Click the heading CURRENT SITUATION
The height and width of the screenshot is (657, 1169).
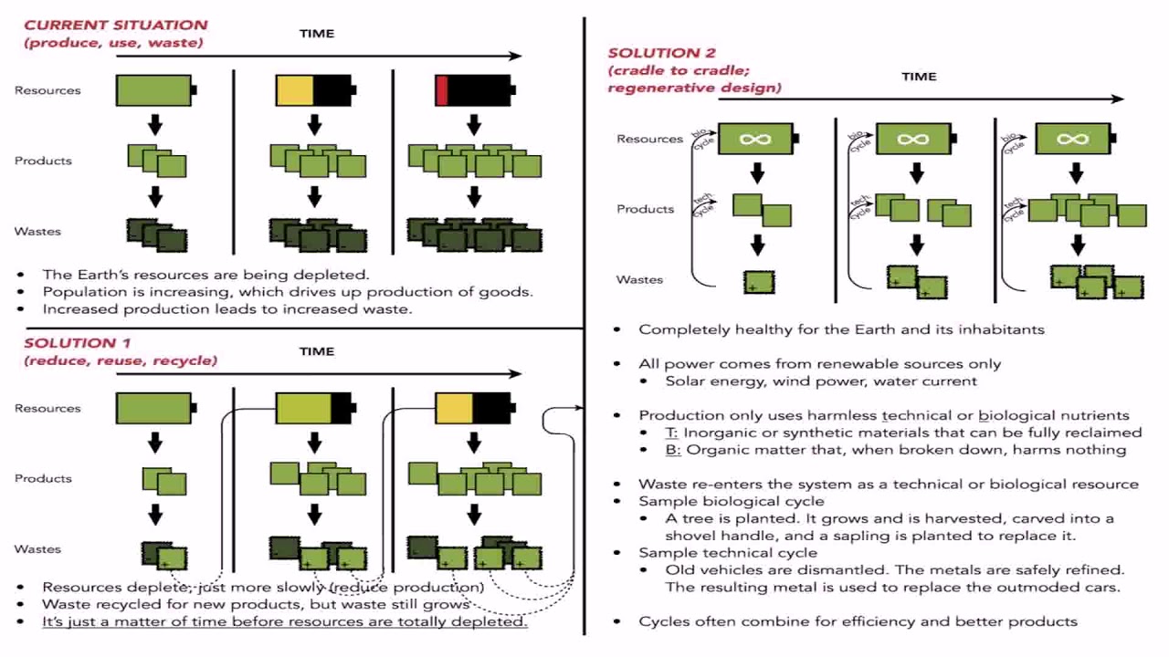tap(115, 25)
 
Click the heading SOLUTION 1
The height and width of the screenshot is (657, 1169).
tap(77, 343)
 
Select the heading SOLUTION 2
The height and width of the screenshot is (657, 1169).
tap(661, 53)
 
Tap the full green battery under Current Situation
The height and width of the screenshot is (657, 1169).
tap(155, 90)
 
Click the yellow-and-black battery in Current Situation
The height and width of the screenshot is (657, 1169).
tap(314, 90)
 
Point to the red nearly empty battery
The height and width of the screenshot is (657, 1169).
tap(474, 90)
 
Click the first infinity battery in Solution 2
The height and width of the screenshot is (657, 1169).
tap(756, 139)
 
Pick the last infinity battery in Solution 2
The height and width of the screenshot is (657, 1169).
tap(1073, 139)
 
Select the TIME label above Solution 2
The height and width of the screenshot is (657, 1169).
tap(919, 77)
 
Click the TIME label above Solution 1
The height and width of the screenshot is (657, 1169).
tap(317, 351)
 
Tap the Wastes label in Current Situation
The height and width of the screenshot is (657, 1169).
tap(37, 231)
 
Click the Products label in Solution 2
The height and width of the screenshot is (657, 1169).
tap(645, 209)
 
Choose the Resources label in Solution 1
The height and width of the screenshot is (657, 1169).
tap(47, 408)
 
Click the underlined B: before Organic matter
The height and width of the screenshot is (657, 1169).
tap(672, 449)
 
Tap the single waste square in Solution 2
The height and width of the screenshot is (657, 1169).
tap(759, 282)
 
